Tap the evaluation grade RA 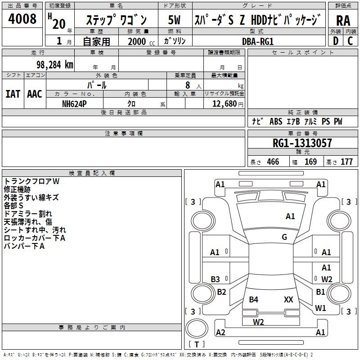(x=343, y=20)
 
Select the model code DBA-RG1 (x=257, y=41)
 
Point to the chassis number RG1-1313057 (x=302, y=143)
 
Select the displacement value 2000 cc (x=140, y=41)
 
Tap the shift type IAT (x=13, y=94)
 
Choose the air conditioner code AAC (x=35, y=94)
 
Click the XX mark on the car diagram (x=288, y=299)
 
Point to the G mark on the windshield (x=284, y=237)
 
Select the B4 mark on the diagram (x=254, y=299)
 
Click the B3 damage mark (x=216, y=279)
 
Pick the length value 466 (x=273, y=162)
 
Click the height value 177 (x=346, y=162)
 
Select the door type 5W (x=174, y=20)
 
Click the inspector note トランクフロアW (x=31, y=181)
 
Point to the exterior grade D (x=335, y=41)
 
